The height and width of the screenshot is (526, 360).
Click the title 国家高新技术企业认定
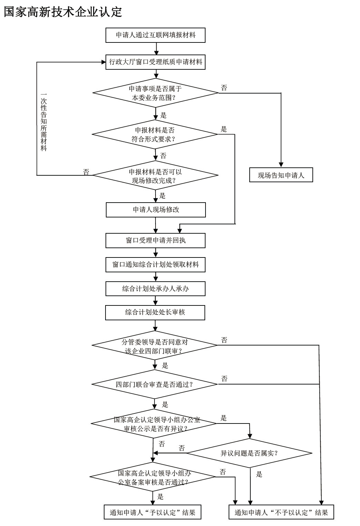pos(63,12)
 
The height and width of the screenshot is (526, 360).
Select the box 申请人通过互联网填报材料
pos(156,35)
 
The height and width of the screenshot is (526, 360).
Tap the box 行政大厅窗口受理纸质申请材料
pos(156,62)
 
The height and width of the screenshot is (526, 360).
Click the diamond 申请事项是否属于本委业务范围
pos(156,93)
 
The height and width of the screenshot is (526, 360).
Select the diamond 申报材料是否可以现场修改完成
pos(156,176)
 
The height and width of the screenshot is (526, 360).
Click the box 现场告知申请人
pos(281,175)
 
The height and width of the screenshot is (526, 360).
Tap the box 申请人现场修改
pos(156,210)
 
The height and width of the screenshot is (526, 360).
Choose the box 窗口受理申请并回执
pos(156,241)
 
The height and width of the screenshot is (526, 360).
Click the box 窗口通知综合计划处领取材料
pos(156,265)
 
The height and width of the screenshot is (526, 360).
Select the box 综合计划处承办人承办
pos(156,289)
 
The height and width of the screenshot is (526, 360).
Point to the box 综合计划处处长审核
pos(155,313)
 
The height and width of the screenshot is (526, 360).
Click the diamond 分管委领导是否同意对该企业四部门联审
pos(154,346)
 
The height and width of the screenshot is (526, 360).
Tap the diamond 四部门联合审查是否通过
pos(154,384)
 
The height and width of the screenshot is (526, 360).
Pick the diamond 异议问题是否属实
pos(249,453)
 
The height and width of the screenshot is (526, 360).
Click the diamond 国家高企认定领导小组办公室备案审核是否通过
pos(153,477)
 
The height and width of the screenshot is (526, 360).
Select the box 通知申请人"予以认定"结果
pos(152,512)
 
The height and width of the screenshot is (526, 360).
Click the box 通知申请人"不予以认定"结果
pos(281,512)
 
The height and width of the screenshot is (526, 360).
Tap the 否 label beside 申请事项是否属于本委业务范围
pos(224,88)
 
